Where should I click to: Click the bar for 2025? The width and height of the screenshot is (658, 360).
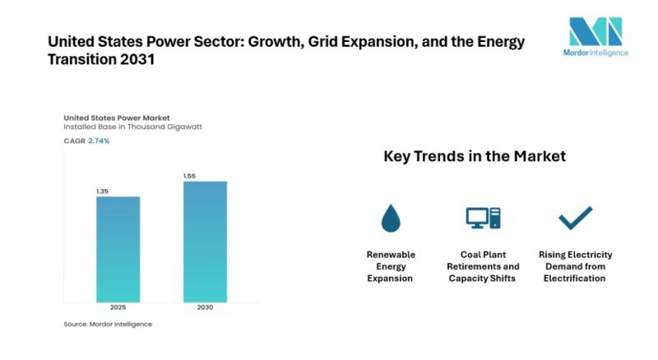(118, 249)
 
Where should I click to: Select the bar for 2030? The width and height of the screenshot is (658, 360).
(205, 241)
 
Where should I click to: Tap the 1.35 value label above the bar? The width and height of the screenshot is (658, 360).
(103, 192)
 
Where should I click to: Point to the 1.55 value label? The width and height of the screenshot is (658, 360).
(191, 176)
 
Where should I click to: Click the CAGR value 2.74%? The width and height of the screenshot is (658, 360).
(98, 141)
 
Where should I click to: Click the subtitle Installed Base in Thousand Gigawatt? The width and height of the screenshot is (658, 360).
(132, 128)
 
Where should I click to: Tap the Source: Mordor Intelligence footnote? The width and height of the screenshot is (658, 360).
(108, 324)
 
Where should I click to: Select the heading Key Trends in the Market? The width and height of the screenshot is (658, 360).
(475, 156)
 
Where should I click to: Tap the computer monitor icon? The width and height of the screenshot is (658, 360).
(483, 218)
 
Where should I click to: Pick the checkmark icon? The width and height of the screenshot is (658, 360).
(575, 219)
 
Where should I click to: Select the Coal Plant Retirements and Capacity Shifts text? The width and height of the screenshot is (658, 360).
(483, 266)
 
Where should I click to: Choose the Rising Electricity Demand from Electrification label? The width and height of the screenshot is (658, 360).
(575, 266)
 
